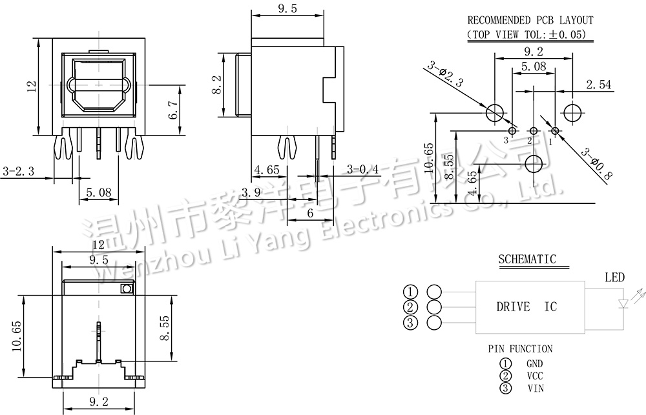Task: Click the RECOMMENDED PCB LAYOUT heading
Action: [530, 21]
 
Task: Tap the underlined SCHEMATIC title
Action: [526, 259]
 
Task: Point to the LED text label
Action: [614, 278]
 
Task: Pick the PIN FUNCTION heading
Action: [520, 349]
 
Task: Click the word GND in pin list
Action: [534, 364]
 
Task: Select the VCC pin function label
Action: [534, 376]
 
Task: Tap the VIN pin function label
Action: [535, 389]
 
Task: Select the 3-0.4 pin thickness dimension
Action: [362, 170]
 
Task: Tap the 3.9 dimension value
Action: [251, 192]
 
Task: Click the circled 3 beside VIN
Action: [506, 389]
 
